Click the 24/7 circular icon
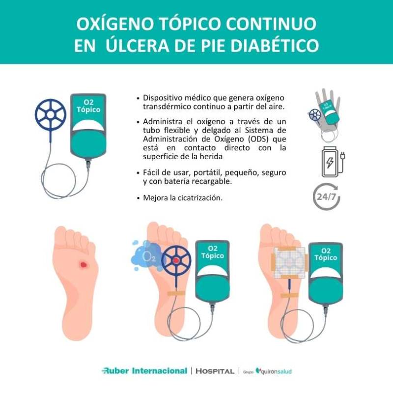(x=327, y=196)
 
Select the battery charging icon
(x=332, y=160)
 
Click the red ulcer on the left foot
(x=83, y=265)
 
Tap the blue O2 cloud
(x=145, y=255)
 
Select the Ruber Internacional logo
(x=144, y=371)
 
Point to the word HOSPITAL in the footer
(x=215, y=371)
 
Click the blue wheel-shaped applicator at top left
(x=50, y=114)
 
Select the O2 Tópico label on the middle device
(x=212, y=253)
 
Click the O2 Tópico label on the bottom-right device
(x=326, y=254)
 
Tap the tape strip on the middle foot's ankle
(x=176, y=293)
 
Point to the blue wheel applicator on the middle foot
(x=175, y=259)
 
